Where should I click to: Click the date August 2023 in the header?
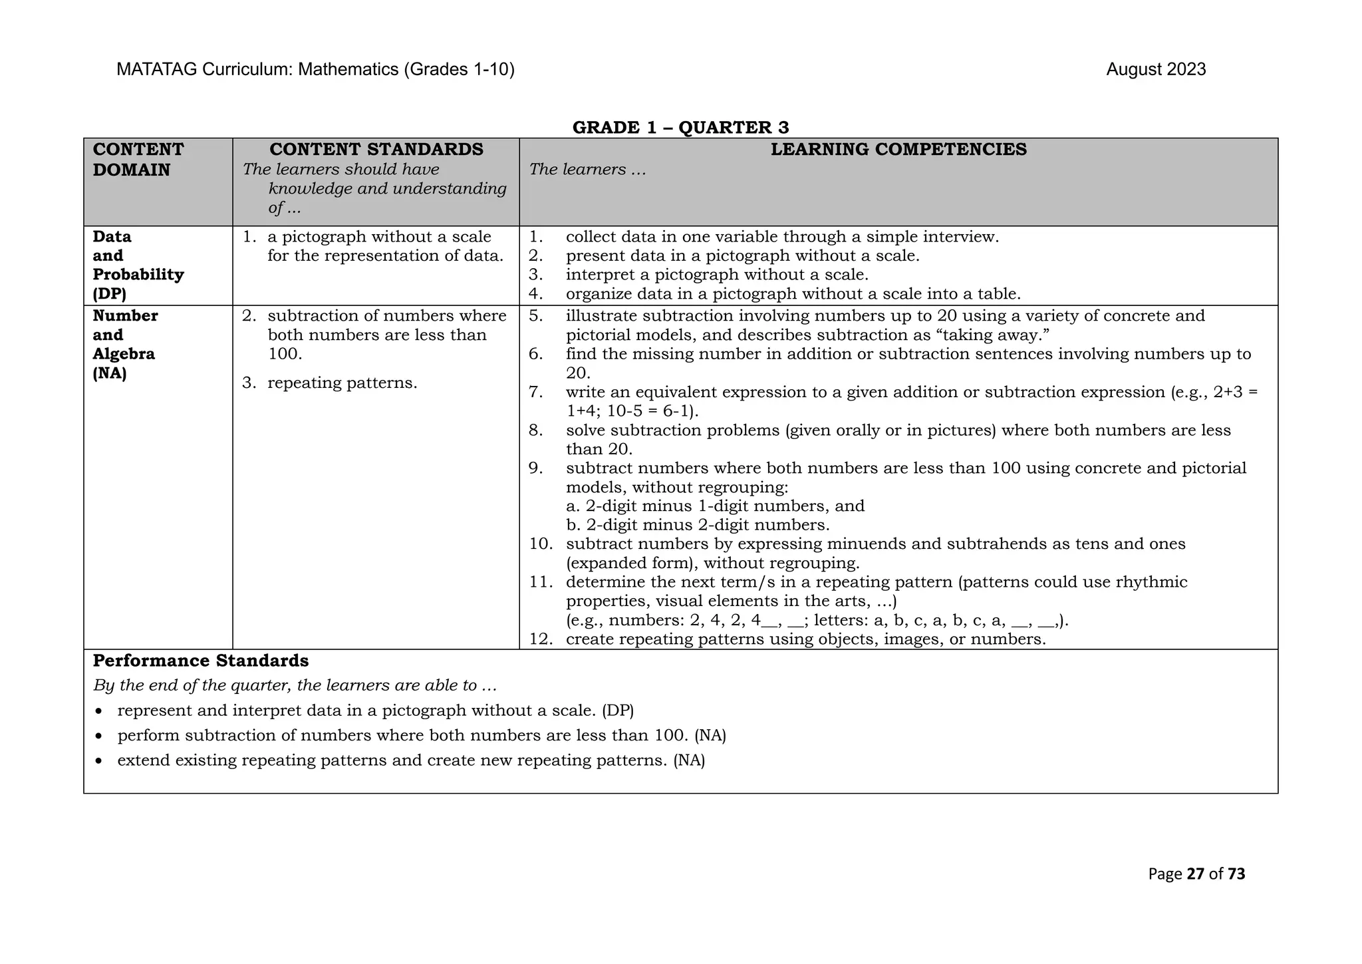pos(1155,70)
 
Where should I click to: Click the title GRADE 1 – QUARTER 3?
pos(680,127)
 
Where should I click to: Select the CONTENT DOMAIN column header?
pos(138,160)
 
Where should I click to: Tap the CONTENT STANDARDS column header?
pos(376,150)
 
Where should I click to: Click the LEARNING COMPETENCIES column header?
pos(898,150)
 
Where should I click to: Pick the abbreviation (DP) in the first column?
pos(109,293)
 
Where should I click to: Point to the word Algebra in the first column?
pos(124,354)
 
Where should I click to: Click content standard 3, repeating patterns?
pos(342,383)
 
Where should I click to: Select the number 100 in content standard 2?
pos(285,354)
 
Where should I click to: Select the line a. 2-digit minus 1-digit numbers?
pos(715,506)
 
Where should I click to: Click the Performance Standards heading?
pos(201,661)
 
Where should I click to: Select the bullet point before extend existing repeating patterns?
pos(99,761)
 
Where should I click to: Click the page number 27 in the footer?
pos(1195,874)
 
